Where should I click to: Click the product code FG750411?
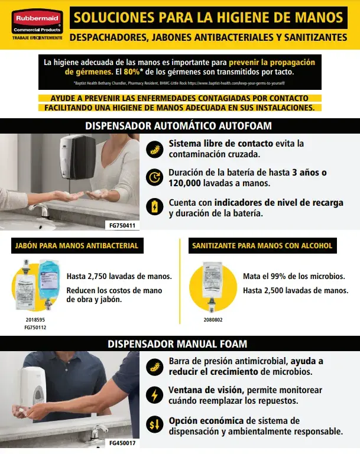click(122, 225)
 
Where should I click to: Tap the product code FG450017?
click(122, 442)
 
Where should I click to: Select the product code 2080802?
click(213, 320)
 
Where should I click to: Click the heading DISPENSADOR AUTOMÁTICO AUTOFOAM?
click(179, 126)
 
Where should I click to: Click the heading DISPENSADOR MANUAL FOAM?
click(179, 343)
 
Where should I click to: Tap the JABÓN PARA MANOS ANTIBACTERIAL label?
click(76, 245)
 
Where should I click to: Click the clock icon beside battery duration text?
click(155, 177)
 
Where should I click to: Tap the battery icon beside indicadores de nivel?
click(155, 206)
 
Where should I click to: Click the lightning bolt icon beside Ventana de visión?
click(155, 395)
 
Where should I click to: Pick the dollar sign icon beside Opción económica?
click(155, 425)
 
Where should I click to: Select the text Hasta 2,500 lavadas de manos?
click(296, 290)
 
